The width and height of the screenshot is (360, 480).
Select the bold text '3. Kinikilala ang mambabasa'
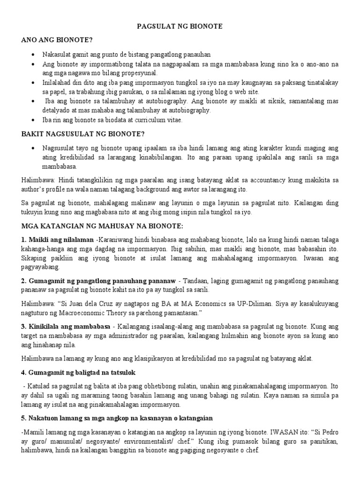point(66,326)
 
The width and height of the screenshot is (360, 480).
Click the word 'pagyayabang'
point(40,267)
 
